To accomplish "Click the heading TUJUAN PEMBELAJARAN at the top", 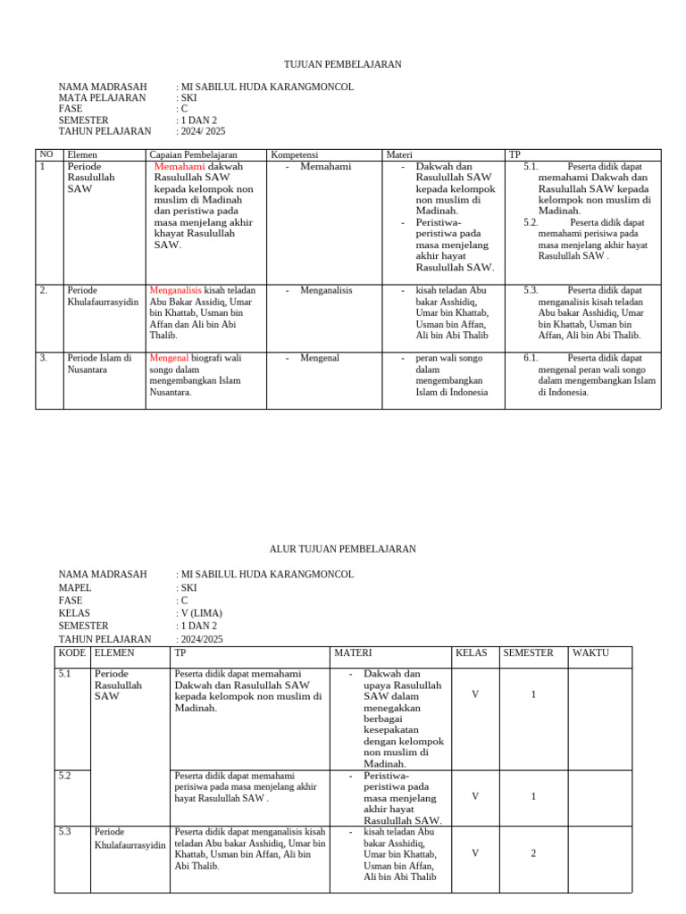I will click(x=342, y=64).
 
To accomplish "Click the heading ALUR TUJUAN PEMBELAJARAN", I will click(x=342, y=549).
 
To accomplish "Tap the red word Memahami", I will click(x=180, y=167).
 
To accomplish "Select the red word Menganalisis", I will click(x=176, y=290).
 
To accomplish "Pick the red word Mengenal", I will click(x=168, y=358).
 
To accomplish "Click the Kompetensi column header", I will click(x=294, y=155).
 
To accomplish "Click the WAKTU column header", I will click(x=590, y=653).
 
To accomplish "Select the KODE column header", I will click(x=71, y=653).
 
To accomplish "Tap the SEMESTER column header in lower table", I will click(x=528, y=653).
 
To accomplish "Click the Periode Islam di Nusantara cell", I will click(x=99, y=364).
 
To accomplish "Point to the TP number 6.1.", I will click(x=531, y=358).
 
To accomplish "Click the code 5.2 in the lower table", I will click(x=65, y=777).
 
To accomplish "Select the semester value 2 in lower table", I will click(x=533, y=853).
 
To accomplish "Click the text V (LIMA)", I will click(x=202, y=613).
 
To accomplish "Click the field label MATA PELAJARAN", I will click(x=102, y=98).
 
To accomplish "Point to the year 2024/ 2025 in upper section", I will click(x=204, y=131).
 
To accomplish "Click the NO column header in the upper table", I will click(x=46, y=155).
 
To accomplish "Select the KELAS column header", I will click(x=471, y=653).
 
